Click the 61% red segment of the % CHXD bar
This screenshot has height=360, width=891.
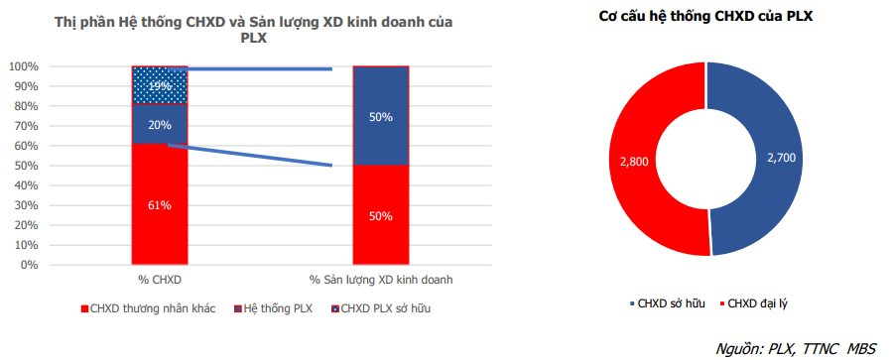tap(160, 205)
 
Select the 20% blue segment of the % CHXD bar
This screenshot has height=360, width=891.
tap(160, 125)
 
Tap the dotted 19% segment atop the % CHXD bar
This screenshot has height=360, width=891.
tap(160, 85)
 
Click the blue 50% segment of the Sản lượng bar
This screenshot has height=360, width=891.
tap(380, 116)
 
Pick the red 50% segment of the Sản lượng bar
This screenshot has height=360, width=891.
tap(380, 215)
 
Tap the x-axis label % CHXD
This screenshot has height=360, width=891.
tap(160, 281)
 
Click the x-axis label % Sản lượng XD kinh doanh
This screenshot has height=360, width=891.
tap(380, 281)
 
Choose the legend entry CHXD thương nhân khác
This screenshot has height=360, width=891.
tap(145, 308)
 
